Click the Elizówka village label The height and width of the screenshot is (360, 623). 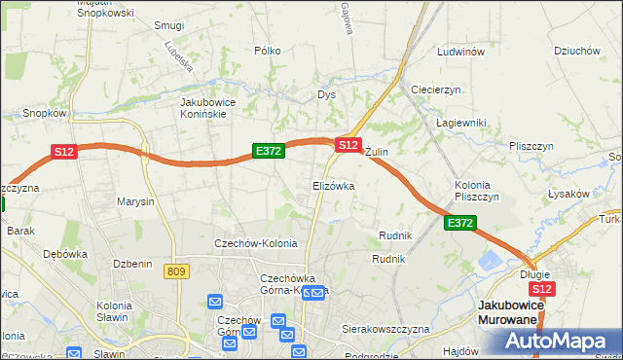pos(333,185)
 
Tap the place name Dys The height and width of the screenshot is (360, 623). pos(326,94)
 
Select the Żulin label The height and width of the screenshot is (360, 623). pos(377,153)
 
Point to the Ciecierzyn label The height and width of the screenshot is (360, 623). pos(435,90)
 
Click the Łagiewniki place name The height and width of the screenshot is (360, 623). pos(461,123)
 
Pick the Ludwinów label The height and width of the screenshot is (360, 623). pos(461,52)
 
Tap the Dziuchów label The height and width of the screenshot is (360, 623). pos(574,52)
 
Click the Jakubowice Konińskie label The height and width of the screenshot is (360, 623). pos(217,107)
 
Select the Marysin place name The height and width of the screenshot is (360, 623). pos(135,202)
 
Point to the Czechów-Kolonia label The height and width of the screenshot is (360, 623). pos(256,243)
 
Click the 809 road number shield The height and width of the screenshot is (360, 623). pos(176,272)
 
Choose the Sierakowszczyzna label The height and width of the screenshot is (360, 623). pos(385,330)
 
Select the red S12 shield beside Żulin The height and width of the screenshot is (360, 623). pos(348,145)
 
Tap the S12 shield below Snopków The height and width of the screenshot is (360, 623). pos(63,152)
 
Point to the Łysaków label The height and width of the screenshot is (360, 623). pos(568,194)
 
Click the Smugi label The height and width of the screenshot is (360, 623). pos(169,25)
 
